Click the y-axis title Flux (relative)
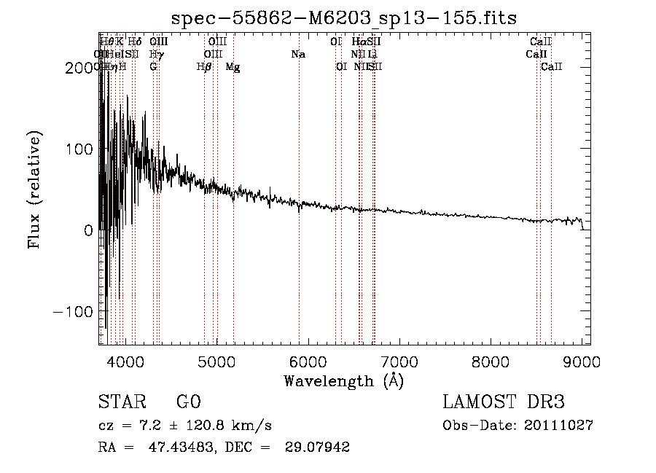click(34, 189)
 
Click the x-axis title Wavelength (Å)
click(343, 380)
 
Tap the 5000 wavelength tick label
click(216, 361)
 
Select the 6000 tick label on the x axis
click(308, 361)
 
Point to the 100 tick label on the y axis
click(77, 149)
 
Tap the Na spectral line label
click(297, 54)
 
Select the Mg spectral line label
click(233, 67)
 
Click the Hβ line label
click(204, 67)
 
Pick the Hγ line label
click(156, 54)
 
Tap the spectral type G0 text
click(188, 402)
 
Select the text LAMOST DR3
click(503, 402)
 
